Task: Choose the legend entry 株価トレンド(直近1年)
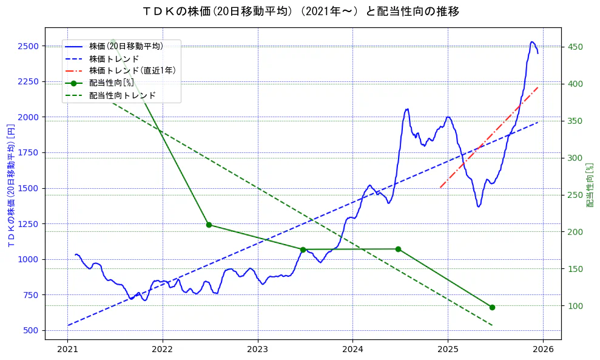coord(132,70)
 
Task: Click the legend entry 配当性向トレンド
coord(122,95)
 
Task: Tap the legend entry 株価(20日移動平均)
coord(126,46)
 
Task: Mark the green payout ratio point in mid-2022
coord(209,225)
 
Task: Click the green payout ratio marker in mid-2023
coord(303,250)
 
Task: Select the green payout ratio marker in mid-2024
coord(398,249)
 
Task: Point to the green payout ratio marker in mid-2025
coord(492,307)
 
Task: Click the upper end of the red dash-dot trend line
coord(538,87)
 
